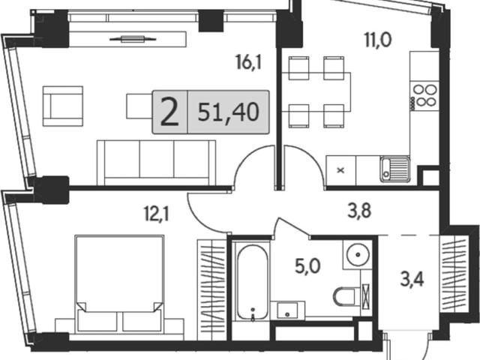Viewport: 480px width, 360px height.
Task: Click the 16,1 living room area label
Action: tap(248, 62)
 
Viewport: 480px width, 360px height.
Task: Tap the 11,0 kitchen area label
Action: tap(378, 40)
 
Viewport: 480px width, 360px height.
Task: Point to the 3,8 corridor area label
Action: tap(359, 211)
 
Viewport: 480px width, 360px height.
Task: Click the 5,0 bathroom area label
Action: tap(307, 265)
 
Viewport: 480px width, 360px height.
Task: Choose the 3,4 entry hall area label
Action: tap(412, 280)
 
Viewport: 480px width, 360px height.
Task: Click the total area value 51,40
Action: tap(228, 112)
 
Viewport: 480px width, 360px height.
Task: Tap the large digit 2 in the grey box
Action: tap(169, 112)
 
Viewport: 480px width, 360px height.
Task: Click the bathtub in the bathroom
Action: tap(253, 283)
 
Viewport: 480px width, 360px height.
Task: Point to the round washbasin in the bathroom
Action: tap(358, 254)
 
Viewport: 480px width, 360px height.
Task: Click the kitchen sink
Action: tap(395, 169)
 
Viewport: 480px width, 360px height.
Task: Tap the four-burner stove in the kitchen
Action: tap(424, 96)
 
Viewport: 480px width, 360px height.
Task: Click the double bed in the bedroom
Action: tap(119, 283)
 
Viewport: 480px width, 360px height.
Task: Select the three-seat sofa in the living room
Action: tap(157, 163)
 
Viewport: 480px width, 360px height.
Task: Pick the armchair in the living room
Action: tap(63, 106)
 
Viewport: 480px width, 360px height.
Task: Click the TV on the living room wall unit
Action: tap(133, 39)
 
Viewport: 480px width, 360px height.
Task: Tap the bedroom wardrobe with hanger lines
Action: tap(211, 289)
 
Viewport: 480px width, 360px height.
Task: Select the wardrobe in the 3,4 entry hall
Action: tap(454, 274)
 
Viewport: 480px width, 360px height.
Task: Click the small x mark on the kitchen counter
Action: tap(340, 170)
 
